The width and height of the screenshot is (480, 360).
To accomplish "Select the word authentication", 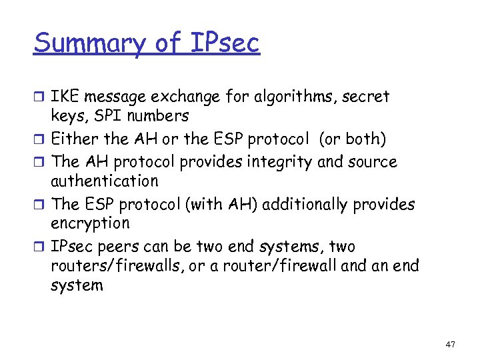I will click(105, 181).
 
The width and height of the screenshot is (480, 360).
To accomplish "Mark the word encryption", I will click(90, 224).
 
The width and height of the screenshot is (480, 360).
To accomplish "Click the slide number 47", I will click(450, 344).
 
